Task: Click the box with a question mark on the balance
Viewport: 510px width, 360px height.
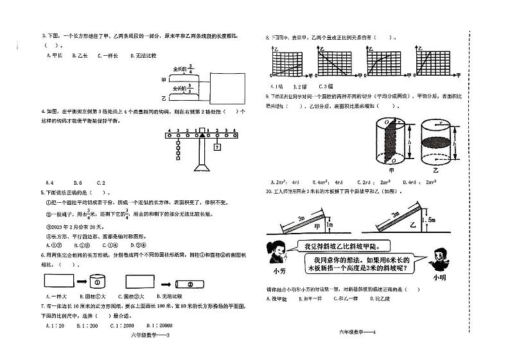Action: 217,147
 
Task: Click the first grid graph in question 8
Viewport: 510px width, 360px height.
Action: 285,62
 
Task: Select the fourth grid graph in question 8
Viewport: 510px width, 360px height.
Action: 430,62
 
